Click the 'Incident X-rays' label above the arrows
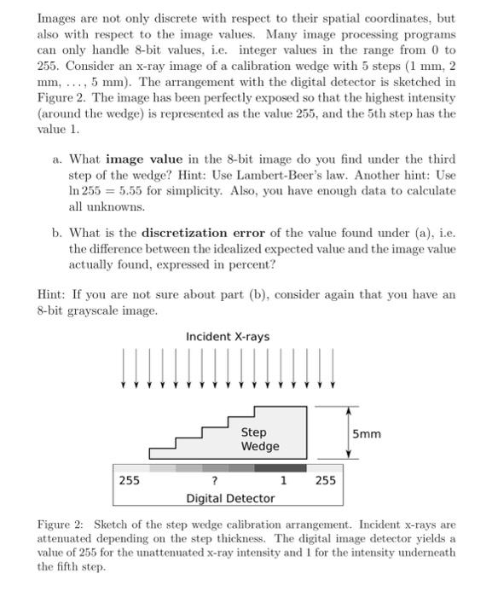[x=227, y=337]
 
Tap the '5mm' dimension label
[x=368, y=434]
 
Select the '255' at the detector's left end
[x=129, y=480]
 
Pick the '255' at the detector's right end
[x=326, y=481]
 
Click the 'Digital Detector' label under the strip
[x=230, y=498]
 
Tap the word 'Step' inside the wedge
[x=253, y=432]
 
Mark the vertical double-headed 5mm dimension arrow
[x=347, y=433]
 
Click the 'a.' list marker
[x=56, y=159]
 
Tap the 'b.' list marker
[x=56, y=233]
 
